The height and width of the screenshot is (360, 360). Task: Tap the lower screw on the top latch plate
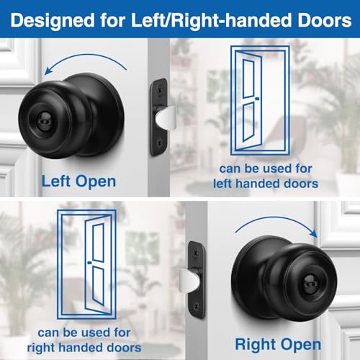click(158, 143)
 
